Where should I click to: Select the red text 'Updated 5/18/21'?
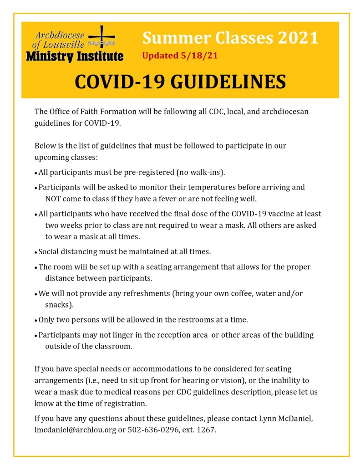click(177, 56)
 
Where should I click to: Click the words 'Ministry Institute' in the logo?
click(75, 56)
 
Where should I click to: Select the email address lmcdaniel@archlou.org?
click(75, 430)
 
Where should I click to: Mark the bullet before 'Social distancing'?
click(36, 252)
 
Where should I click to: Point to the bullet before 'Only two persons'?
click(36, 320)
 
